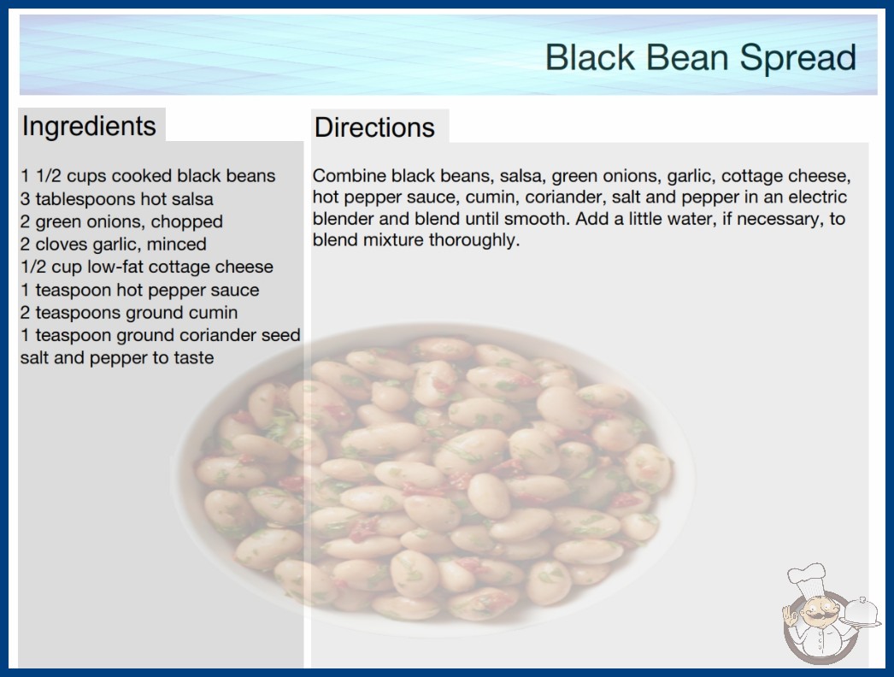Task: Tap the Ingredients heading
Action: [x=89, y=127]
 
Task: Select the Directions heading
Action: [x=374, y=127]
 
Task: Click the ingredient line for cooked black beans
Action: [x=148, y=176]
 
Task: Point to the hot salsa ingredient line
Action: [x=117, y=199]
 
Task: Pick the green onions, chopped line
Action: [x=121, y=221]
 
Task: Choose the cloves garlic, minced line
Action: [x=114, y=244]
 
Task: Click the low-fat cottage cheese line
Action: [x=147, y=267]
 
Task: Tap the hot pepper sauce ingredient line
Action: [x=140, y=290]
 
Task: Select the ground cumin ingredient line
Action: [x=129, y=313]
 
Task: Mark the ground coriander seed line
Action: [x=160, y=335]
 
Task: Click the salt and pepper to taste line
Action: [x=117, y=357]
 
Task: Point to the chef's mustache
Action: [x=815, y=616]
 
